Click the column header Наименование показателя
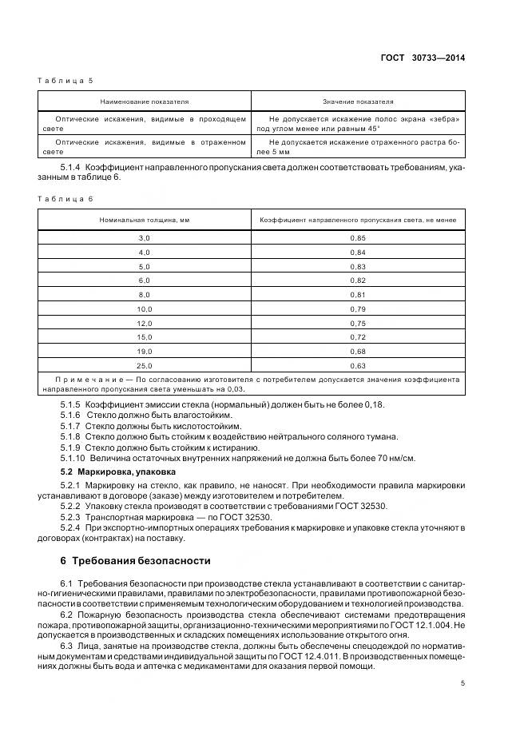click(x=144, y=101)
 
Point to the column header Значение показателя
click(x=357, y=101)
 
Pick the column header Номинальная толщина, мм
click(x=144, y=219)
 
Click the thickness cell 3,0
click(x=144, y=239)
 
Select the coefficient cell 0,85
click(x=357, y=239)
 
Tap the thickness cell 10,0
click(x=144, y=308)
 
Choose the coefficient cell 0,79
click(x=357, y=308)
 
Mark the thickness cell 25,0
click(x=144, y=364)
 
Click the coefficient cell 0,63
click(x=357, y=364)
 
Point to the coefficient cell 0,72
click(x=357, y=336)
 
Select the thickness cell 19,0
click(x=144, y=350)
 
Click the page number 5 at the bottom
click(x=462, y=682)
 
